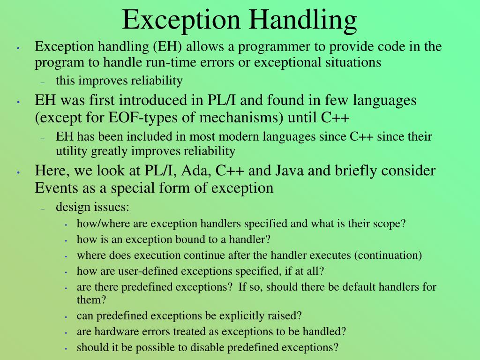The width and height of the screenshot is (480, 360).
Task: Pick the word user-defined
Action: tap(151, 271)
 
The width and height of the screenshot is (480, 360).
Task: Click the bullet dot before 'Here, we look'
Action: tap(17, 172)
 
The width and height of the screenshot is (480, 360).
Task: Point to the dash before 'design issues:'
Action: tap(42, 209)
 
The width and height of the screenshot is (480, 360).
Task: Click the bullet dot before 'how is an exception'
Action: tap(66, 240)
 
